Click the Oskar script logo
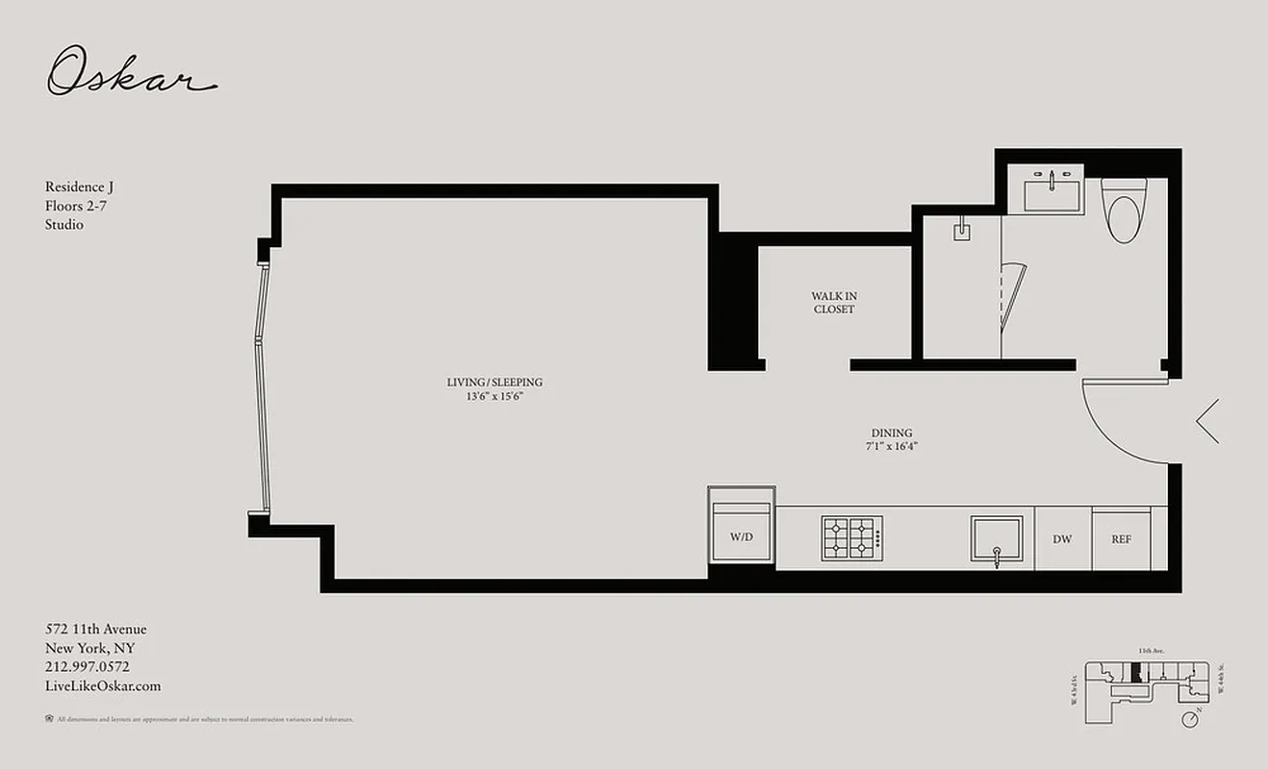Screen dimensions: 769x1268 click(132, 71)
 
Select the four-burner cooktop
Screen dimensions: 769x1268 click(851, 538)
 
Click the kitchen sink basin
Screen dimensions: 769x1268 click(997, 537)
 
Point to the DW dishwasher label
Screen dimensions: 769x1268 click(1062, 539)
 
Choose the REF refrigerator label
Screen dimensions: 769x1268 click(1121, 539)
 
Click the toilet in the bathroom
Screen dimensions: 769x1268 click(1123, 211)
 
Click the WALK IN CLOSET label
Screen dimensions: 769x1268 click(833, 303)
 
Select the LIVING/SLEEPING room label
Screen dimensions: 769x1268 click(495, 383)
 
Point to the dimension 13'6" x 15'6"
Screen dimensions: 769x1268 click(495, 396)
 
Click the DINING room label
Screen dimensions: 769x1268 click(892, 433)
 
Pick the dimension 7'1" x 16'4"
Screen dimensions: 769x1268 click(892, 446)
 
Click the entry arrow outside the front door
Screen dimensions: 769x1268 click(1208, 421)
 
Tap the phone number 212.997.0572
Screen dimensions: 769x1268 click(88, 667)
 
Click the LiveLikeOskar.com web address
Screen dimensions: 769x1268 click(103, 686)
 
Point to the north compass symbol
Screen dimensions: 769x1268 click(1192, 718)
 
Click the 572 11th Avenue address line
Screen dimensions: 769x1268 click(96, 630)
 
